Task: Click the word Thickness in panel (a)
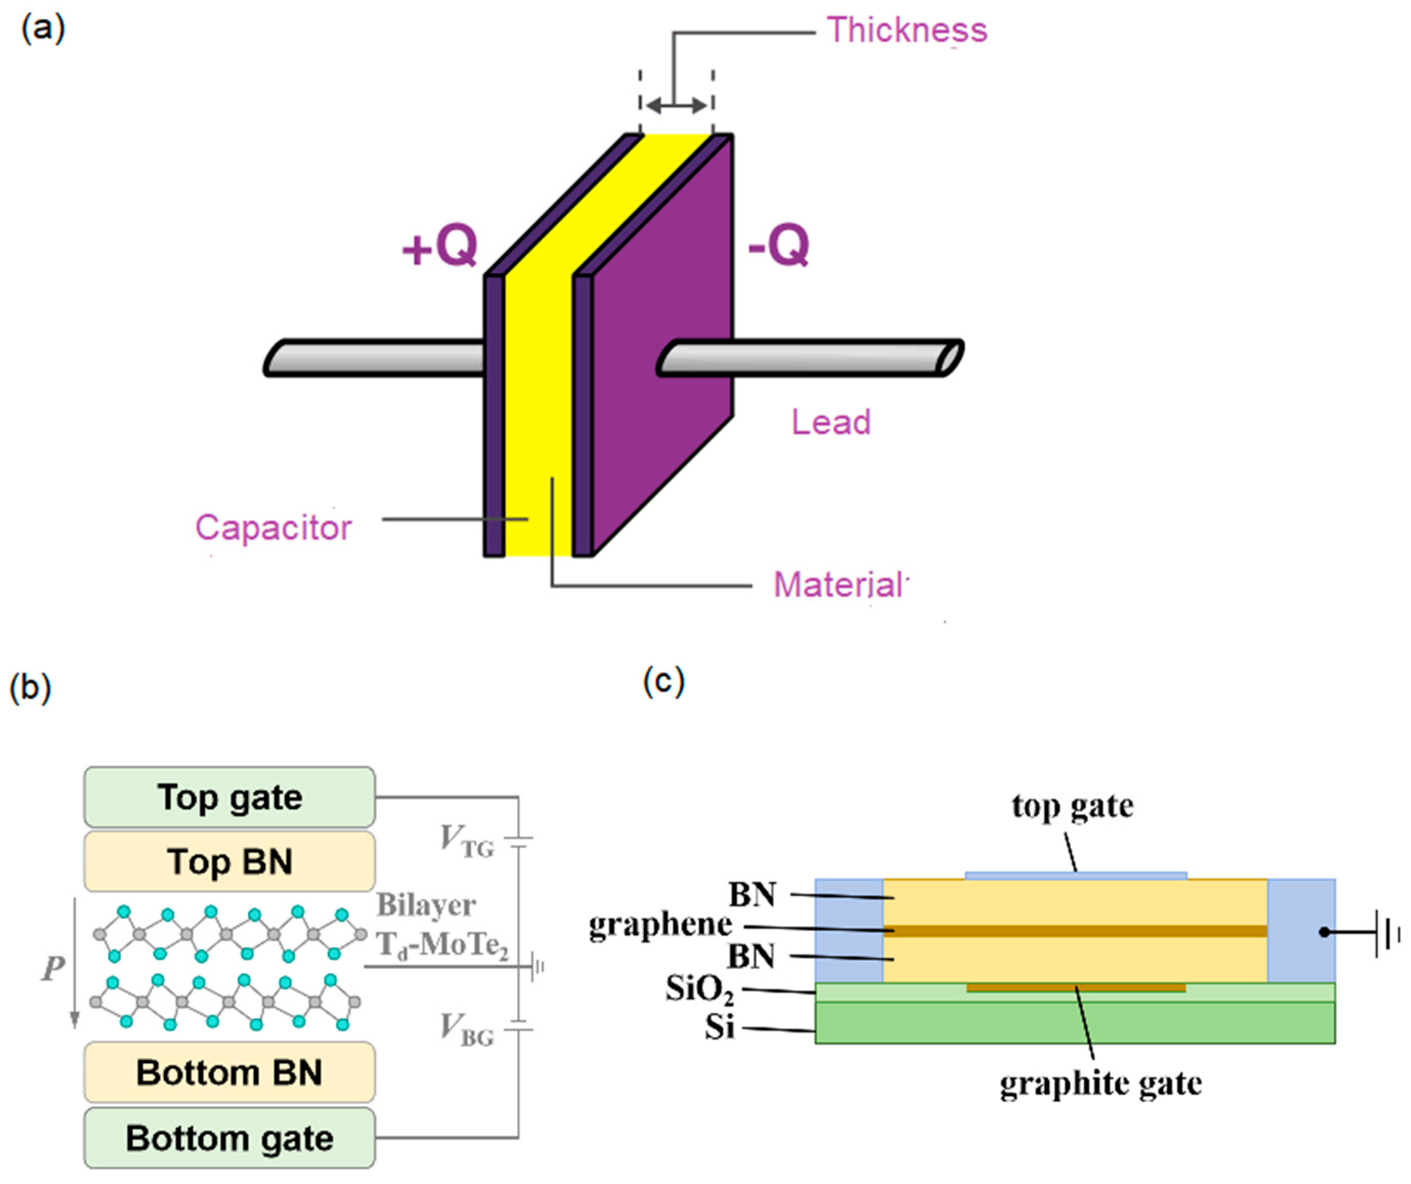[907, 31]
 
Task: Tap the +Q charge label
[439, 246]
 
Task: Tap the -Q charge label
[779, 246]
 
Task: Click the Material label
[839, 585]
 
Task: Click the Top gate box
[229, 797]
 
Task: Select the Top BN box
[229, 862]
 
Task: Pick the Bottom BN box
[229, 1072]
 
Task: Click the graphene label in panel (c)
[660, 925]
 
